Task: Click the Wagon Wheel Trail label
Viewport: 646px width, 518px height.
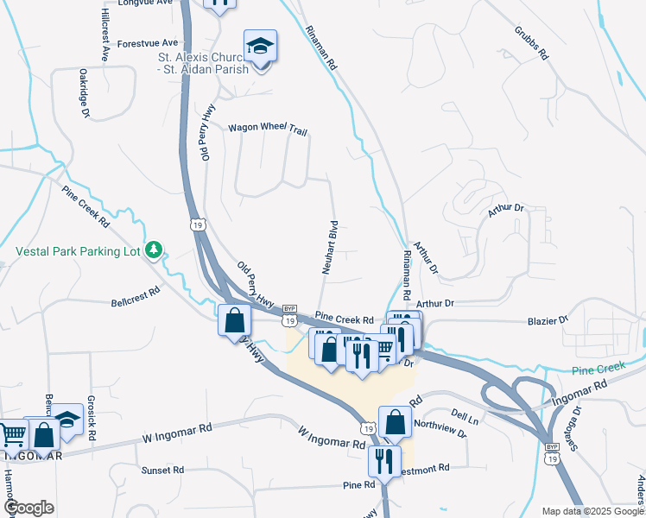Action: point(268,129)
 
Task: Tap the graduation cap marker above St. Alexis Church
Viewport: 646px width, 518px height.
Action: point(260,47)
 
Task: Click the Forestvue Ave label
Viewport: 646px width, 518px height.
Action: point(148,42)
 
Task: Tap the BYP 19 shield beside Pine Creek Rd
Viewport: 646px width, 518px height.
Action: point(289,315)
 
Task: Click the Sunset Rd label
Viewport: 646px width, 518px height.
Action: point(163,470)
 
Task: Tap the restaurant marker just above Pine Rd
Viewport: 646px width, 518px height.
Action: point(383,460)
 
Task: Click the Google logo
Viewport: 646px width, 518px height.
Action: point(28,509)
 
